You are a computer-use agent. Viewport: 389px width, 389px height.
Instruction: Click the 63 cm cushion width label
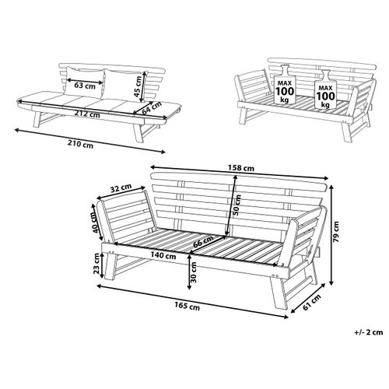(85, 86)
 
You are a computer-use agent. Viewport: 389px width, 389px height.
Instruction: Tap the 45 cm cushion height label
(138, 86)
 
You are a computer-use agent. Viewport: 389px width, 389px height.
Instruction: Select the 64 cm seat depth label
(152, 108)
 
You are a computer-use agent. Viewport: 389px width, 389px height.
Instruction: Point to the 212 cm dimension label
(87, 114)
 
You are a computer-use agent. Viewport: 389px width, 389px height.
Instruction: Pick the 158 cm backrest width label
(241, 168)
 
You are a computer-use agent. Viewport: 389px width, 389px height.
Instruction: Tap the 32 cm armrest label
(121, 187)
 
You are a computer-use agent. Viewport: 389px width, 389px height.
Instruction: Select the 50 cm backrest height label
(237, 205)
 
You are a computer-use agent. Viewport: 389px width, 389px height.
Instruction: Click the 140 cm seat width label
(163, 256)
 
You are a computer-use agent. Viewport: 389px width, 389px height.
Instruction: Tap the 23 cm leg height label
(96, 264)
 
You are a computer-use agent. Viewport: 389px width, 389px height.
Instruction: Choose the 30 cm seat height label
(194, 272)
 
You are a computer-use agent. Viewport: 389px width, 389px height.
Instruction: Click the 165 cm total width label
(187, 306)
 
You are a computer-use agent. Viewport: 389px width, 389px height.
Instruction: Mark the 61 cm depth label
(312, 302)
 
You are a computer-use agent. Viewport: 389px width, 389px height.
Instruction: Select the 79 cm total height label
(336, 232)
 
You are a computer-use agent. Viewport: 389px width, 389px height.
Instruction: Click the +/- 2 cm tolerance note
(369, 332)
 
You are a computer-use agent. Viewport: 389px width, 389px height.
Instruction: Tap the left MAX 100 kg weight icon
(285, 85)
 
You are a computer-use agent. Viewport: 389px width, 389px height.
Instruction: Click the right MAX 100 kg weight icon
(325, 89)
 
